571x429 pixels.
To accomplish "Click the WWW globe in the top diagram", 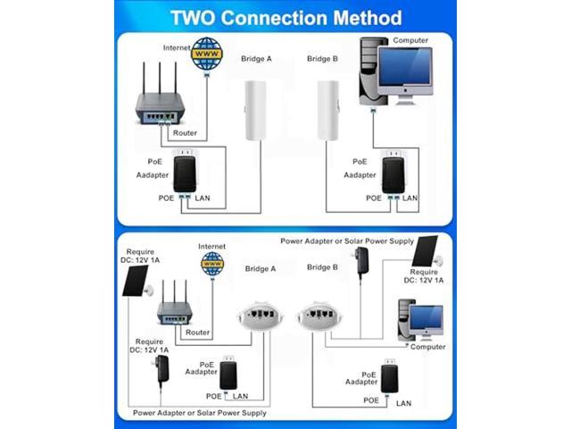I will point(207,53).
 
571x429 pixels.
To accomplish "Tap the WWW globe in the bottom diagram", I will point(211,263).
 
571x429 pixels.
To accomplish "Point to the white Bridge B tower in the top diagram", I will point(327,110).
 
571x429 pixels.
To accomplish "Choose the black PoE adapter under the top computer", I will point(393,173).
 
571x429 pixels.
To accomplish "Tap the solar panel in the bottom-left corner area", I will point(137,279).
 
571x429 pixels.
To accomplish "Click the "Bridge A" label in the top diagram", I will point(258,59).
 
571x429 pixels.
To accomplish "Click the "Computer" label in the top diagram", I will point(411,40).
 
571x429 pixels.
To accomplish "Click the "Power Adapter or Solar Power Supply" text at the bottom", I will point(199,413).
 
